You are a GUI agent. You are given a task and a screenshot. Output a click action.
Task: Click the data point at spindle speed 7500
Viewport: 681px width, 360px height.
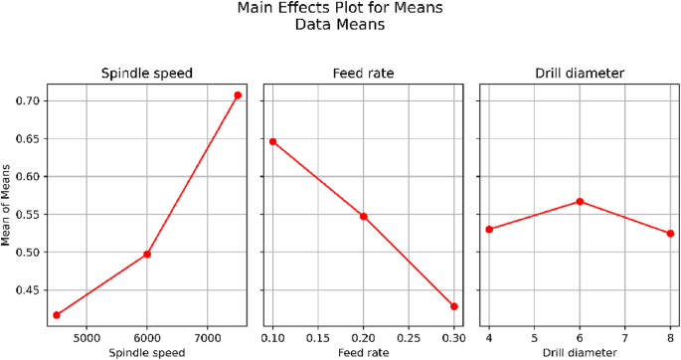tap(238, 95)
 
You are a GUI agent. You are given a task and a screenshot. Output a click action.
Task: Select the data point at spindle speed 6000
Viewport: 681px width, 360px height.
tap(147, 255)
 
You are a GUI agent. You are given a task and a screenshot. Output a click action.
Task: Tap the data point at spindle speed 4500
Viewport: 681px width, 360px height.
tap(57, 315)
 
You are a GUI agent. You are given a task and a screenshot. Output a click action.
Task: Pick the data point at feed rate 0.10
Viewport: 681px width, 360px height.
tap(273, 141)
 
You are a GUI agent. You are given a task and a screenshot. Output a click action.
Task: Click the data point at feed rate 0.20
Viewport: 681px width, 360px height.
tap(364, 216)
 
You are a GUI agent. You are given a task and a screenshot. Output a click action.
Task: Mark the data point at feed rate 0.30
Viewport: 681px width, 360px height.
tap(454, 306)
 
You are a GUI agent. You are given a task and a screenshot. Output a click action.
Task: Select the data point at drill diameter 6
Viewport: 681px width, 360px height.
tap(580, 201)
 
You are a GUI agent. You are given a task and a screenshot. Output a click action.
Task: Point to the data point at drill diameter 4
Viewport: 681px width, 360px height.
tap(489, 229)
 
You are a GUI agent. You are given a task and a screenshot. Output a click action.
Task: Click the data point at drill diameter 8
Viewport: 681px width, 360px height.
tap(670, 234)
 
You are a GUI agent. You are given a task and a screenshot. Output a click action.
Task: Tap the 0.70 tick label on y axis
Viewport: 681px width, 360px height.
tap(27, 101)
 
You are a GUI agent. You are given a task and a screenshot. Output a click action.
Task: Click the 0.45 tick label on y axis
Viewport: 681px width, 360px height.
tap(27, 290)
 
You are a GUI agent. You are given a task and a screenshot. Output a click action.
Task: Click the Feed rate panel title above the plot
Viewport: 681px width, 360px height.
tap(364, 74)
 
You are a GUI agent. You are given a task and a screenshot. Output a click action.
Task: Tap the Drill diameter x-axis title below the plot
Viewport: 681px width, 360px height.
tap(580, 351)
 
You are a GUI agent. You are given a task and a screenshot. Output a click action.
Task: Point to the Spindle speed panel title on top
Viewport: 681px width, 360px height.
tap(147, 74)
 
